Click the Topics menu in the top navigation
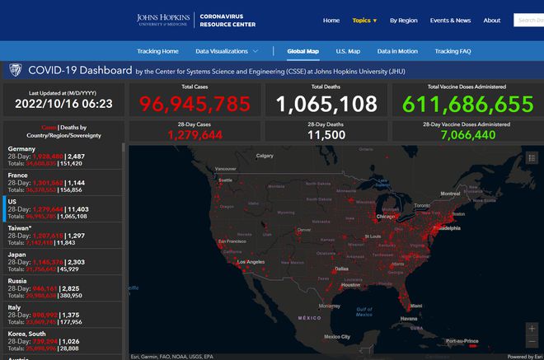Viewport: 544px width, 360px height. pyautogui.click(x=363, y=20)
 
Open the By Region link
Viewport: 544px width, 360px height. pyautogui.click(x=404, y=20)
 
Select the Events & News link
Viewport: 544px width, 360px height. pyautogui.click(x=450, y=20)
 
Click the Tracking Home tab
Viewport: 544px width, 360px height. pyautogui.click(x=157, y=51)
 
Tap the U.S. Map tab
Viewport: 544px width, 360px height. pyautogui.click(x=348, y=51)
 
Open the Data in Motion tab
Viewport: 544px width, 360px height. pyautogui.click(x=397, y=51)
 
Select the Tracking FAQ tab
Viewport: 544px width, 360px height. pyautogui.click(x=453, y=51)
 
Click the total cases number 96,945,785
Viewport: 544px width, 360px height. pyautogui.click(x=195, y=105)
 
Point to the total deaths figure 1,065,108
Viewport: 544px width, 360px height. pyautogui.click(x=326, y=105)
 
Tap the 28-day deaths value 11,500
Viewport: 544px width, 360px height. pyautogui.click(x=326, y=135)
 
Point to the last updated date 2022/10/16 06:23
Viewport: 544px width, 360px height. pyautogui.click(x=63, y=105)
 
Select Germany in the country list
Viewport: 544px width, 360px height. pyautogui.click(x=22, y=148)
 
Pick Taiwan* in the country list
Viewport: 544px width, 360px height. pyautogui.click(x=22, y=227)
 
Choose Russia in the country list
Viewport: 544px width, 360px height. pyautogui.click(x=19, y=280)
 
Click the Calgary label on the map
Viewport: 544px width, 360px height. pyautogui.click(x=264, y=156)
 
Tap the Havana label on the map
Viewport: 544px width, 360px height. pyautogui.click(x=410, y=319)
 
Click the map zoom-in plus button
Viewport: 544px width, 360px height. pyautogui.click(x=531, y=329)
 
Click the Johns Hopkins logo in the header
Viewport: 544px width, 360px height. pyautogui.click(x=163, y=20)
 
